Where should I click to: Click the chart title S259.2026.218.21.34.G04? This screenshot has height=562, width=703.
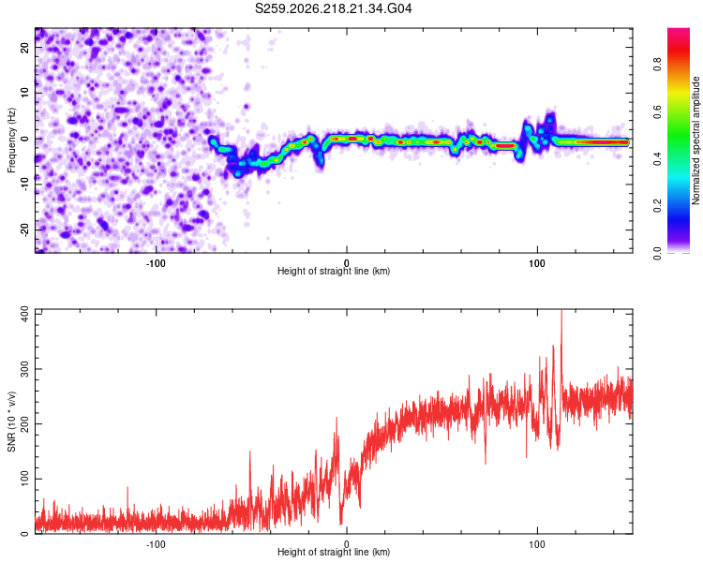[333, 8]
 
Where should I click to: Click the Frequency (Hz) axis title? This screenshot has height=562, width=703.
[11, 140]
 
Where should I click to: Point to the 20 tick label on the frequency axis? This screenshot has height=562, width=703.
[24, 47]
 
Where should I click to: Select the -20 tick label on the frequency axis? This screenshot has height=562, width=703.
[24, 230]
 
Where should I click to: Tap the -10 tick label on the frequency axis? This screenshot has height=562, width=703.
[24, 185]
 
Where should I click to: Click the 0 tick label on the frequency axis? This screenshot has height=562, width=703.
[24, 139]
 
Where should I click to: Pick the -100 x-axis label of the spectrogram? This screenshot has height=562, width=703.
[156, 263]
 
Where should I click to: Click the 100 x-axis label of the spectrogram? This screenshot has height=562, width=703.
[537, 263]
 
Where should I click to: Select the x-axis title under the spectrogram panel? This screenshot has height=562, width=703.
[334, 271]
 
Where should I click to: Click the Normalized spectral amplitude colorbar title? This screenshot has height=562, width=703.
[696, 140]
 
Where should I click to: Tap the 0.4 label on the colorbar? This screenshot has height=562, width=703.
[657, 159]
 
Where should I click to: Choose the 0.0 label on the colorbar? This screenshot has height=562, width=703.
[657, 253]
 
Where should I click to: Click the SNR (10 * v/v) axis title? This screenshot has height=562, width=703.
[11, 421]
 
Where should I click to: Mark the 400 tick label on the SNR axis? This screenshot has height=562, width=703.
[24, 314]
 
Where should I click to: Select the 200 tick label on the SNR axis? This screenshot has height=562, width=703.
[24, 423]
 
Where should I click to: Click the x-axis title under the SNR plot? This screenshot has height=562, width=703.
[334, 552]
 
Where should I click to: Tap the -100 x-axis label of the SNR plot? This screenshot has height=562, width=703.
[156, 544]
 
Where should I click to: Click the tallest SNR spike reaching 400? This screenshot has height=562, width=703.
[561, 314]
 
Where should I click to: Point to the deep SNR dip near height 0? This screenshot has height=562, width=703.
[341, 520]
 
